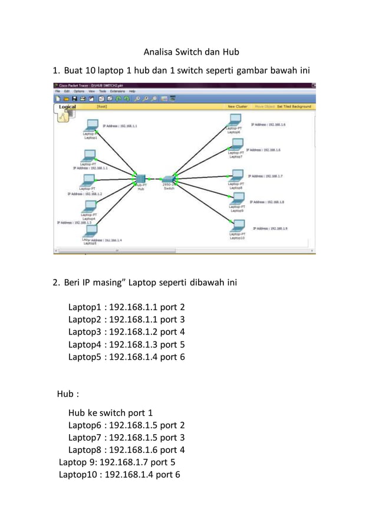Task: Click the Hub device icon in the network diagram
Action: point(140,179)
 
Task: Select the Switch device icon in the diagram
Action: point(168,179)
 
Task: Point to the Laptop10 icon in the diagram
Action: point(238,226)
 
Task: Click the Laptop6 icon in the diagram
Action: point(235,121)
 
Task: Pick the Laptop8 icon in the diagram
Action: point(236,176)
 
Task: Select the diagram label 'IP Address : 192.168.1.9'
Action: point(270,228)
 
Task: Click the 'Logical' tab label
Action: point(67,107)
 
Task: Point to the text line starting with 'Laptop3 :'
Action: point(126,331)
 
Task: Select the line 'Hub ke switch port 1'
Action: point(110,413)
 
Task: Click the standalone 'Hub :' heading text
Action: point(68,394)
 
